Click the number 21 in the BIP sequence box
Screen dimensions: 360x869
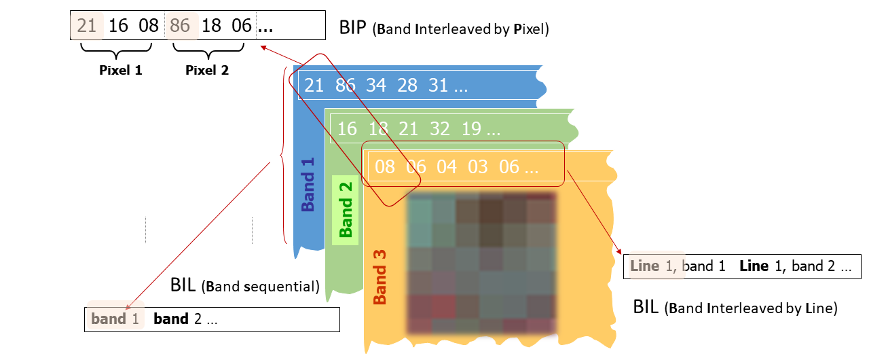point(87,26)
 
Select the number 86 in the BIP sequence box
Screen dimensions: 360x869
point(181,26)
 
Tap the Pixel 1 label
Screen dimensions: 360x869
point(121,70)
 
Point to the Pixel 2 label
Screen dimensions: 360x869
point(207,70)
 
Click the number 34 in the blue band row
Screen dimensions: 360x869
point(376,86)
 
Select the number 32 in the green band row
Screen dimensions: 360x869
point(439,128)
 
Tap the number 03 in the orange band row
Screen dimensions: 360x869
point(477,166)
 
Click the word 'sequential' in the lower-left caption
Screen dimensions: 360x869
point(284,286)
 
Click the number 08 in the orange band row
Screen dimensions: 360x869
point(384,166)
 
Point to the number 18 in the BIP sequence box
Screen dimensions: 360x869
point(212,26)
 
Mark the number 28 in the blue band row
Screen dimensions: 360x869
point(407,86)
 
